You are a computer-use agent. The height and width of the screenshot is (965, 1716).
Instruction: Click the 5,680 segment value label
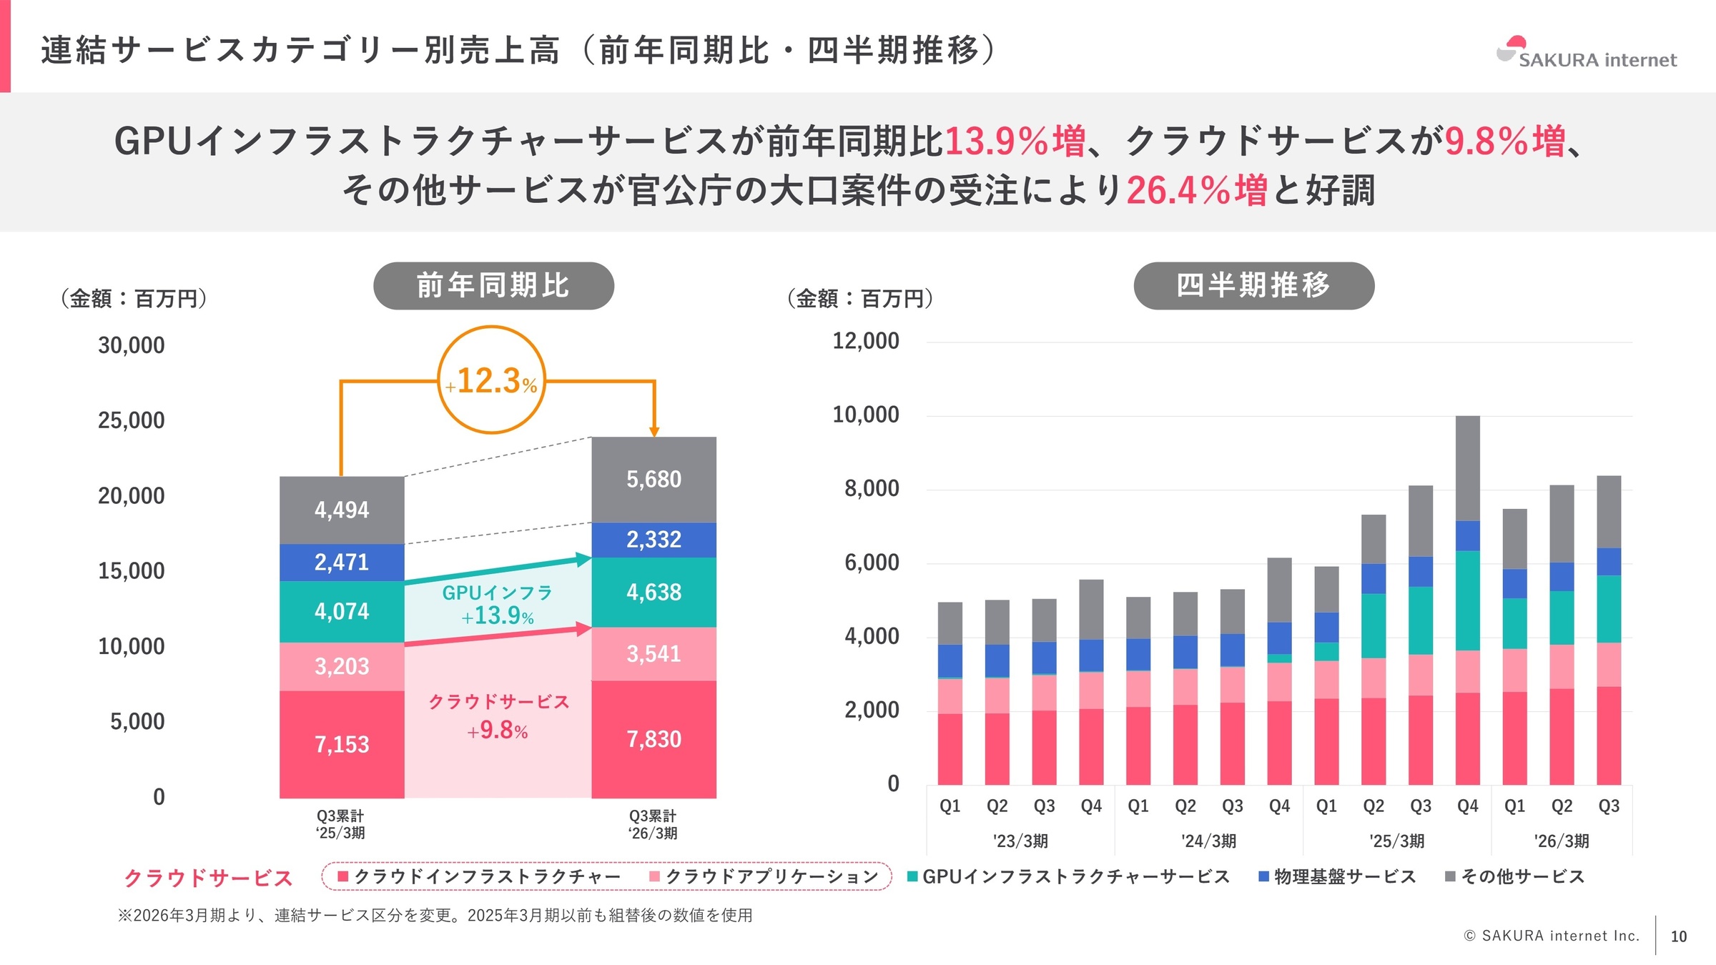(x=654, y=479)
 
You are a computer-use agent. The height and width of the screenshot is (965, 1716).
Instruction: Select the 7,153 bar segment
(x=342, y=744)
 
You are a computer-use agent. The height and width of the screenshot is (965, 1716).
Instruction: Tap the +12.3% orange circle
(x=491, y=380)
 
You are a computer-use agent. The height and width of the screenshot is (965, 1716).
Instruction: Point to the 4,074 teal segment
(x=342, y=611)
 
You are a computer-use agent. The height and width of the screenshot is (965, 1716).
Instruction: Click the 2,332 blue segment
(x=654, y=540)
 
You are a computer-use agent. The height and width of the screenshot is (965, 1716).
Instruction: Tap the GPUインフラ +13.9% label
(x=498, y=604)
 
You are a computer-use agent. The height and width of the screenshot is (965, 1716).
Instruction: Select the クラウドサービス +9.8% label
(x=498, y=716)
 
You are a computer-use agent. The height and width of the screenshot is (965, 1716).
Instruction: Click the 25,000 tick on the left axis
(x=131, y=420)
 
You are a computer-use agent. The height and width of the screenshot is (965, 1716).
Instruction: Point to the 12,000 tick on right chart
(x=865, y=341)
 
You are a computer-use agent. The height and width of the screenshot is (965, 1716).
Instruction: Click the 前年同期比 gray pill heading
(x=493, y=285)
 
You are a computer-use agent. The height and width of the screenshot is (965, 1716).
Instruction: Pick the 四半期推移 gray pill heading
(x=1253, y=285)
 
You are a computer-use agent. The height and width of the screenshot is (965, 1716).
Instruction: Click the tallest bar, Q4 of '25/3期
(x=1467, y=600)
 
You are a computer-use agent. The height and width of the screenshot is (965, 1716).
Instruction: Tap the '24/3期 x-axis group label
(x=1208, y=841)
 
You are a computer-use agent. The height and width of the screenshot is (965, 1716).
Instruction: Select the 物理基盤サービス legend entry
(x=1337, y=876)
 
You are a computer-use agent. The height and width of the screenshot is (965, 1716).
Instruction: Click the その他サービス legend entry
(x=1515, y=876)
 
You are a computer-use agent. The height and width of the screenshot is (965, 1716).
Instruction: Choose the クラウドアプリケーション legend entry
(x=764, y=876)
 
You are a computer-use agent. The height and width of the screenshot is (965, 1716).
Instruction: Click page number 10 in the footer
(x=1678, y=936)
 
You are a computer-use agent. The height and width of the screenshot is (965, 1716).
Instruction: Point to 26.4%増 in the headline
(x=1196, y=190)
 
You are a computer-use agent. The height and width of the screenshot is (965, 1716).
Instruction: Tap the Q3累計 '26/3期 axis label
(x=652, y=824)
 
